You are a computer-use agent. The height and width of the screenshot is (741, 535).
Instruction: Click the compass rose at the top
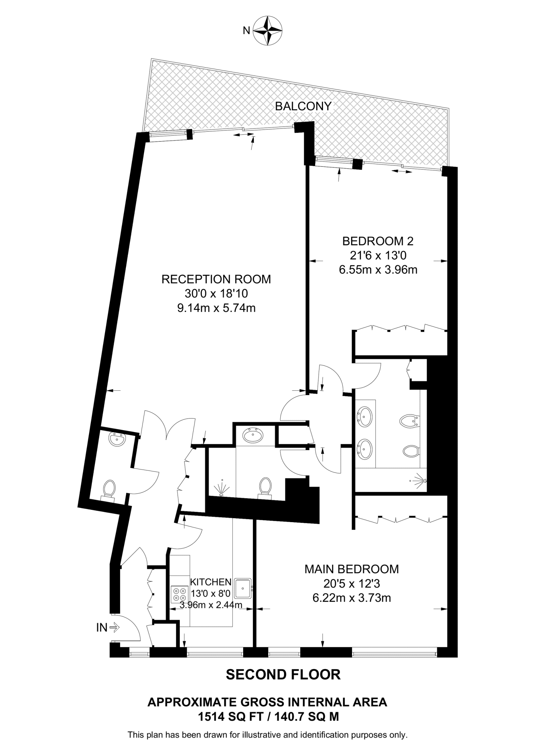pyautogui.click(x=267, y=30)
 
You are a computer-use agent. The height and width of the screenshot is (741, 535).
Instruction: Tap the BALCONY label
pyautogui.click(x=303, y=106)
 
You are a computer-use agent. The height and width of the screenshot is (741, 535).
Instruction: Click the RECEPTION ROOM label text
pyautogui.click(x=216, y=279)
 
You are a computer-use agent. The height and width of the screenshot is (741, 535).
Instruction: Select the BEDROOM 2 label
pyautogui.click(x=378, y=241)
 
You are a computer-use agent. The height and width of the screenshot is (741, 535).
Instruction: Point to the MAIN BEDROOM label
pyautogui.click(x=352, y=569)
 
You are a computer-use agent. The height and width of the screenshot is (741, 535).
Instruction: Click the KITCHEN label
pyautogui.click(x=211, y=582)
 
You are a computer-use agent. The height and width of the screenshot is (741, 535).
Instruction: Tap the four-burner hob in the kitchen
pyautogui.click(x=179, y=594)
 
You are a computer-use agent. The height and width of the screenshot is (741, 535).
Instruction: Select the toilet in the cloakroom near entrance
pyautogui.click(x=109, y=490)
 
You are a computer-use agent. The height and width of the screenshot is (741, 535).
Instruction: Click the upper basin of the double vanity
pyautogui.click(x=364, y=416)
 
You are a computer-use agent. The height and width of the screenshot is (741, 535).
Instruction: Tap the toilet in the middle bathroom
pyautogui.click(x=266, y=486)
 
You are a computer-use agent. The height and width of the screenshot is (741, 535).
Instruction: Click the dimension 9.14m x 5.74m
pyautogui.click(x=216, y=308)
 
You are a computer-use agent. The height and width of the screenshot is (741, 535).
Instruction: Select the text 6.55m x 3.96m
pyautogui.click(x=378, y=270)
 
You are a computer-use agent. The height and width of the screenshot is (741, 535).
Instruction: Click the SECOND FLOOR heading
pyautogui.click(x=283, y=675)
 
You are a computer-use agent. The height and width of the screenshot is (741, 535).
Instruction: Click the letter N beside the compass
pyautogui.click(x=246, y=31)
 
